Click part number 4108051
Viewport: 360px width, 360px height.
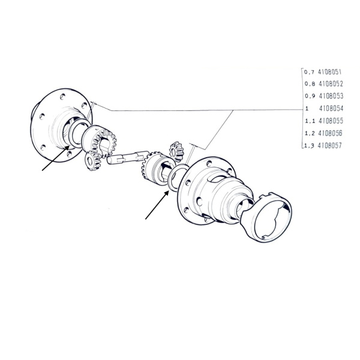[329, 72]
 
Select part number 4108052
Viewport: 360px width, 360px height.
[331, 84]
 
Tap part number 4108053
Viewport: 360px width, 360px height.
[331, 96]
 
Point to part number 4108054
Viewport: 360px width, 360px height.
[331, 109]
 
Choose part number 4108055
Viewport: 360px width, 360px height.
[331, 121]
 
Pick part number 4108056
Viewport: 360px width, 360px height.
[330, 133]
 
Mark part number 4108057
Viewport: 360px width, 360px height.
[329, 146]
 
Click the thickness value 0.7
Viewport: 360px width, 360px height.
[309, 73]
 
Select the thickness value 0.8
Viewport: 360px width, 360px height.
[310, 84]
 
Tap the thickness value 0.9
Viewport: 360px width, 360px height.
[310, 96]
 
